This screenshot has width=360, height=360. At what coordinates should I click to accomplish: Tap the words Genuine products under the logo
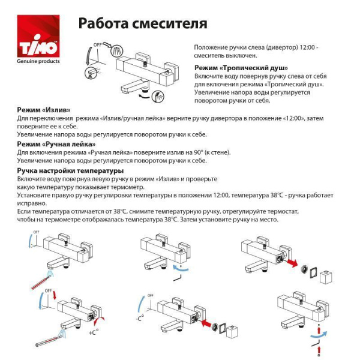37,61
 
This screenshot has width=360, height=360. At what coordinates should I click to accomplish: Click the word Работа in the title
101,23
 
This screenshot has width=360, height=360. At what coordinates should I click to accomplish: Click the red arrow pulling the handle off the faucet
293,262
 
